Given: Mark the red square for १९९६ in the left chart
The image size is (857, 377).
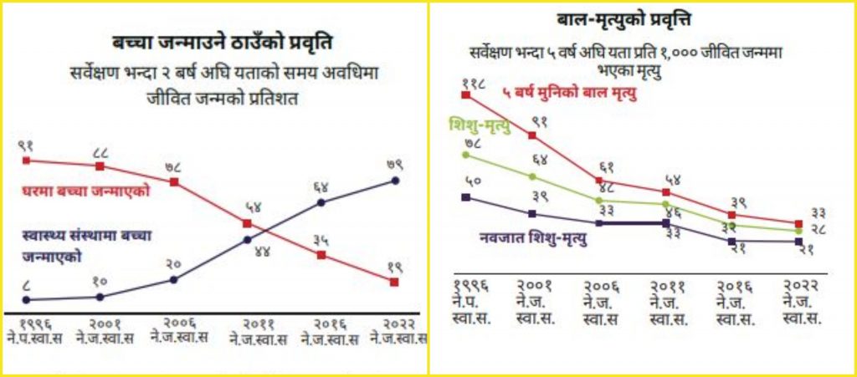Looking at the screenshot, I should click(27, 160).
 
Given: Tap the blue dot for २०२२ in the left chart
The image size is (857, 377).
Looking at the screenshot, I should click(395, 180).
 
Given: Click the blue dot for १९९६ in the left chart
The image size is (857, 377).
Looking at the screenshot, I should click(27, 299).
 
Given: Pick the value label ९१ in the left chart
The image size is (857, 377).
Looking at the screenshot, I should click(27, 145).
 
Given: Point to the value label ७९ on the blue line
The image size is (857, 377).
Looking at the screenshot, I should click(394, 165).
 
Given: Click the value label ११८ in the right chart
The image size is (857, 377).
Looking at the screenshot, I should click(473, 84).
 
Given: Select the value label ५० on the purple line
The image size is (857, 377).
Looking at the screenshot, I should click(470, 181).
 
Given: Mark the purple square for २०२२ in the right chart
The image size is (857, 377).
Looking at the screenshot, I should click(797, 242).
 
